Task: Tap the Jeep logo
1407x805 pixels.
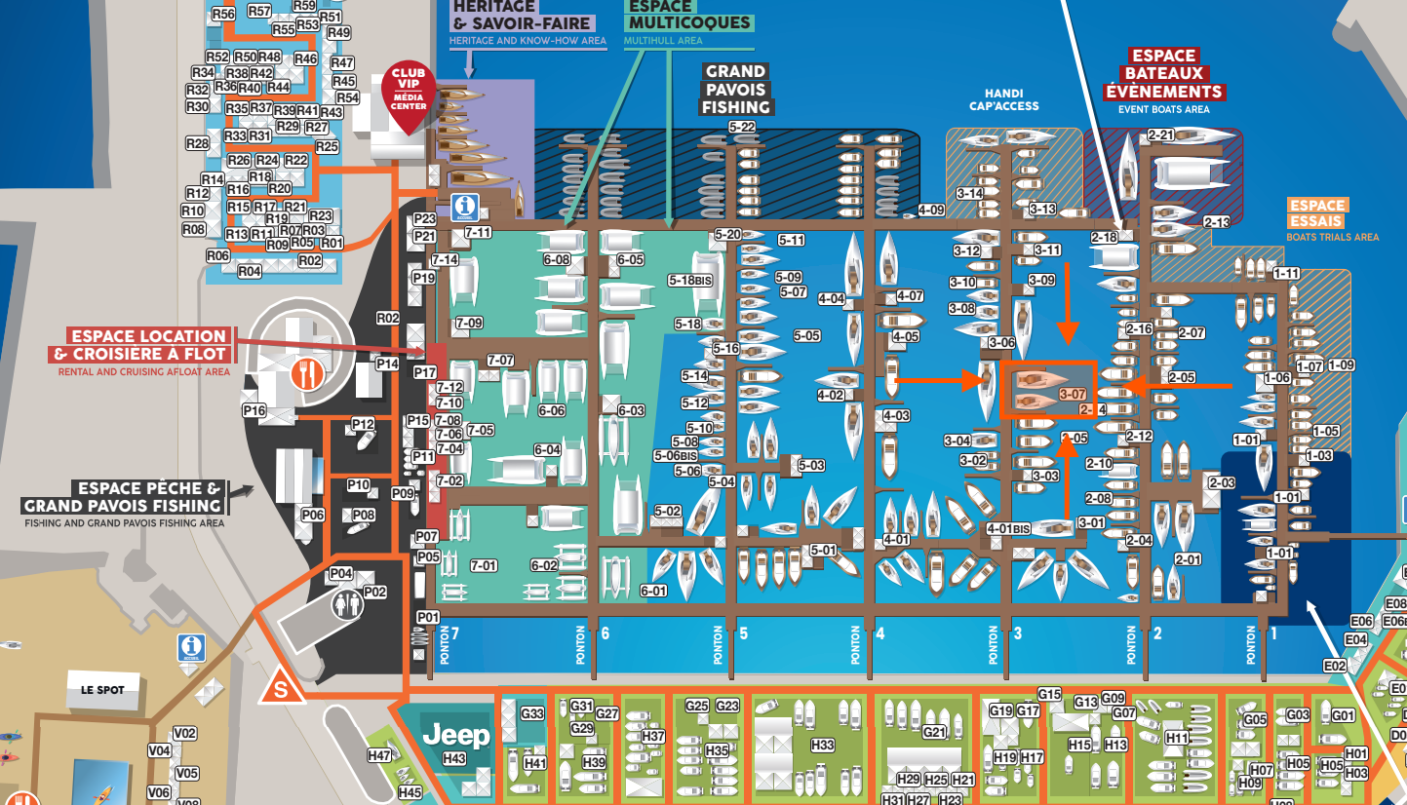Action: pyautogui.click(x=454, y=733)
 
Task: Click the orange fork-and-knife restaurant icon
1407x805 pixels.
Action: pyautogui.click(x=306, y=372)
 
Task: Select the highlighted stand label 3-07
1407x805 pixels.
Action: pyautogui.click(x=1072, y=395)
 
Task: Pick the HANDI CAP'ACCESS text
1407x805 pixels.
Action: pyautogui.click(x=1004, y=105)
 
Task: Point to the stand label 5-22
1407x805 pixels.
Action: pyautogui.click(x=742, y=128)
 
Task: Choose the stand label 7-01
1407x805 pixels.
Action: pyautogui.click(x=484, y=566)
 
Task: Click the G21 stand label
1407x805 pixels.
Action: pyautogui.click(x=934, y=732)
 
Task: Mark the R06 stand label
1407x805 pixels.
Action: pyautogui.click(x=217, y=255)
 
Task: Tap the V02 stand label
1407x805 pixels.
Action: pyautogui.click(x=185, y=734)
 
